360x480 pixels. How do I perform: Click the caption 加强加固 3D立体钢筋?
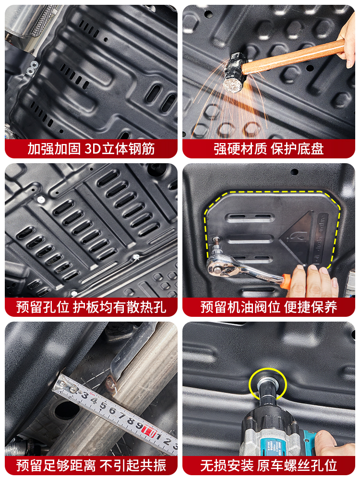point(91,148)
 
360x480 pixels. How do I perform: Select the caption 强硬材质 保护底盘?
point(268,148)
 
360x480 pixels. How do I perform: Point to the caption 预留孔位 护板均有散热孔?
point(91,307)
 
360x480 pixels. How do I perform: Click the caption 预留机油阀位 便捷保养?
point(268,307)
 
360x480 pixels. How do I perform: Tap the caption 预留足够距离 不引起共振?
point(91,465)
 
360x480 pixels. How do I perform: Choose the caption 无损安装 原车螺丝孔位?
point(268,465)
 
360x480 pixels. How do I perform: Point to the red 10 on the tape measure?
point(149,430)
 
